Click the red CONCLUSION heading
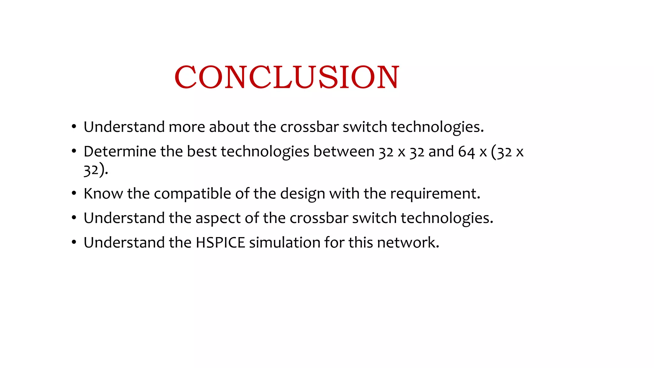pos(286,77)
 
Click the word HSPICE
pos(220,242)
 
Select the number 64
pos(466,152)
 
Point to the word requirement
pos(435,194)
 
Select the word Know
pos(103,194)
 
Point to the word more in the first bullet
pos(186,127)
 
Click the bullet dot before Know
pos(74,193)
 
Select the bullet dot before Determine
pos(74,151)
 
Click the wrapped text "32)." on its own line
pos(95,170)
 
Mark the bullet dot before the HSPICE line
pos(74,242)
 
